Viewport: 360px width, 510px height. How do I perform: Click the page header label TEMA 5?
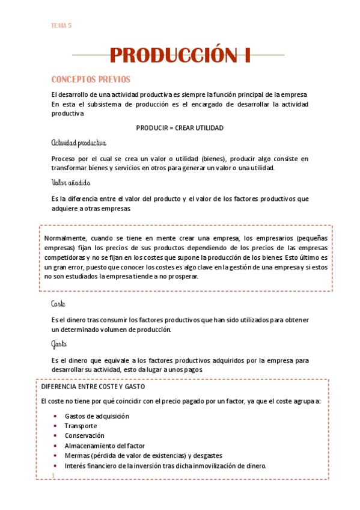61,25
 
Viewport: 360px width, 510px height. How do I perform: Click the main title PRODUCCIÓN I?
180,55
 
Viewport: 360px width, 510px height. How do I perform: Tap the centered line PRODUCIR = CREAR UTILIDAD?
180,128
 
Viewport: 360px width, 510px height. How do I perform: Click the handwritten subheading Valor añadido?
71,183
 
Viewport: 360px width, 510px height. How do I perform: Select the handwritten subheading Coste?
58,304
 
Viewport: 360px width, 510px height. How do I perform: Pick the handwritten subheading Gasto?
59,345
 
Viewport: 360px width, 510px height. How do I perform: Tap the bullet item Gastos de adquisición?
97,416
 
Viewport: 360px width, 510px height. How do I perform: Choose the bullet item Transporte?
81,426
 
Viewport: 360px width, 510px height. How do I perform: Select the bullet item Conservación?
84,435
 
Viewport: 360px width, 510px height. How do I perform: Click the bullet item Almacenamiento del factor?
105,446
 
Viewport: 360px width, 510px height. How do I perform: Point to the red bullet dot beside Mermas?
56,456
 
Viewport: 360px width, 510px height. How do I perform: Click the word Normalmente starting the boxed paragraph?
66,238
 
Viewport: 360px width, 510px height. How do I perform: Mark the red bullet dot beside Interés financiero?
56,466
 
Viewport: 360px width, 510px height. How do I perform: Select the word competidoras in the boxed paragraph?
69,257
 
